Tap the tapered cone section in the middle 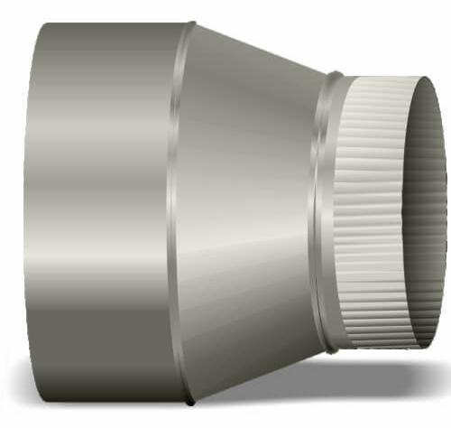244,208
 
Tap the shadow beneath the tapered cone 271,379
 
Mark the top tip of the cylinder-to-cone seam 191,23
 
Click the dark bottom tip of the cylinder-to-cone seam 189,402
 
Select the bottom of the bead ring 333,351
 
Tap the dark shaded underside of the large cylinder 99,361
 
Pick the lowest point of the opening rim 425,347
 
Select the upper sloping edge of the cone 262,49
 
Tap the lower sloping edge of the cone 262,376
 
